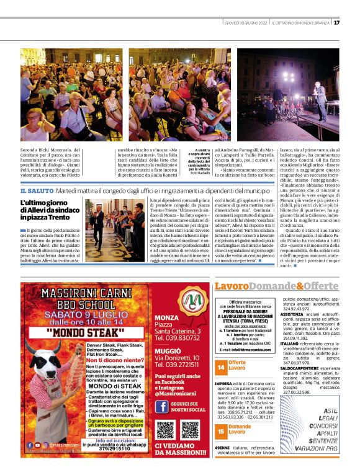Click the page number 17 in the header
(x=353, y=23)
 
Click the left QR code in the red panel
(x=164, y=430)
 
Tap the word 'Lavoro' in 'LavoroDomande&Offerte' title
(x=232, y=286)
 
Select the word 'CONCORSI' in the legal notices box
(x=325, y=427)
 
